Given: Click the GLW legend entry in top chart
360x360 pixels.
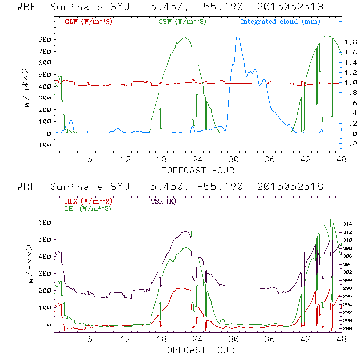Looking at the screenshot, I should (x=89, y=22).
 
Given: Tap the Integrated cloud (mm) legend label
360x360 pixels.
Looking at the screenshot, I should (x=280, y=22).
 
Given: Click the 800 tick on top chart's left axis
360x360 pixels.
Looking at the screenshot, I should (x=44, y=39).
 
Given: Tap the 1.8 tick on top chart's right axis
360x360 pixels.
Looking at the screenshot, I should (x=351, y=42).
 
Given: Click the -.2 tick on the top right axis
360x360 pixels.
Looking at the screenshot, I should (x=351, y=144).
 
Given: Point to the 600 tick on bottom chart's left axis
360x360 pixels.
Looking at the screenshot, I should (x=44, y=222).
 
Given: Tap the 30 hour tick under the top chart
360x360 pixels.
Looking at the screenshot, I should (x=234, y=159).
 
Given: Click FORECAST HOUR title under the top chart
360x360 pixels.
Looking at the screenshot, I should (x=198, y=170).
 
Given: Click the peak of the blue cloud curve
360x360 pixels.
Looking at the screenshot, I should (x=238, y=36).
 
